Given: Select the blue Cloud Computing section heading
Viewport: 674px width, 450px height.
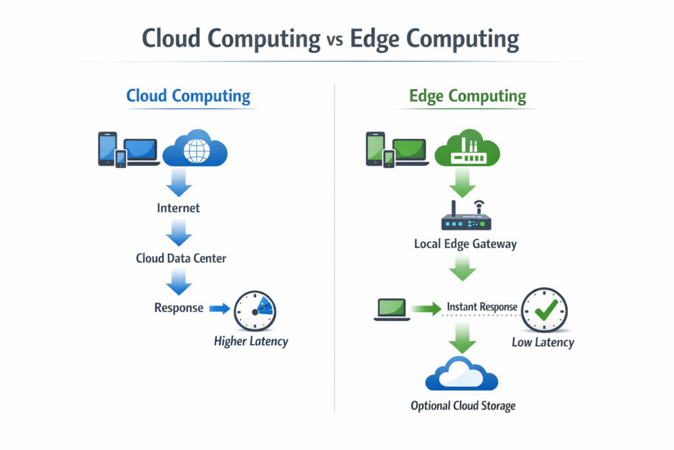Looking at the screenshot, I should [188, 96].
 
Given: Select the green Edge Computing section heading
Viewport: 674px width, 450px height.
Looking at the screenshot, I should [467, 96].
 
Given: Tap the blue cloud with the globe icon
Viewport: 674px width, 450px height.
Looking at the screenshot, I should [195, 149].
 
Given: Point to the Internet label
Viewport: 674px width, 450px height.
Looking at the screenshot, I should [178, 208].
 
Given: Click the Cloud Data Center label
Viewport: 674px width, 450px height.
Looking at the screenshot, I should [181, 258].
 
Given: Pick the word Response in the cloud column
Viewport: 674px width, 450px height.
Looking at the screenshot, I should [179, 308].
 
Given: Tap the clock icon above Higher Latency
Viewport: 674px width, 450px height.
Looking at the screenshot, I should [255, 310].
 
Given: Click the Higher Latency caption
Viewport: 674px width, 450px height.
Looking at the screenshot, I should [251, 341].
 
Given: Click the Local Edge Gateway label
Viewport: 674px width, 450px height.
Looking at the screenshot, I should [465, 244].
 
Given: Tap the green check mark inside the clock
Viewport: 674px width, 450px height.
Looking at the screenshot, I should [546, 310].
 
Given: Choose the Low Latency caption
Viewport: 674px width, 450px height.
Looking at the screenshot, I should [543, 342].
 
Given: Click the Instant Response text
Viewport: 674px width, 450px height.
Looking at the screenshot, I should [481, 307].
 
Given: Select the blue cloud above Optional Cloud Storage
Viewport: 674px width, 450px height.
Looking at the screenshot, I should [462, 374].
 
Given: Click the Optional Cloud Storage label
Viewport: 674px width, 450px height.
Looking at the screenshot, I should [463, 406].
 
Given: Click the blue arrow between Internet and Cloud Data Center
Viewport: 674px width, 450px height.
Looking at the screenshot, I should [178, 233].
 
